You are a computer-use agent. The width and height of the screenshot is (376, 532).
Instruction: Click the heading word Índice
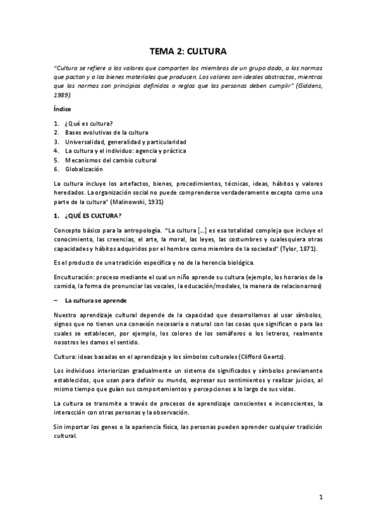62,109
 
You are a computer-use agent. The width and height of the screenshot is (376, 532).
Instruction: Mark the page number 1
320,499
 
